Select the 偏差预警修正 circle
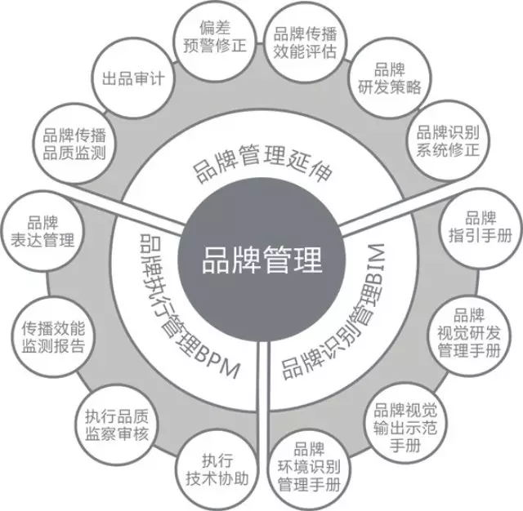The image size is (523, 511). [215, 38]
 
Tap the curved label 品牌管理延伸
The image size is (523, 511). [261, 161]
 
